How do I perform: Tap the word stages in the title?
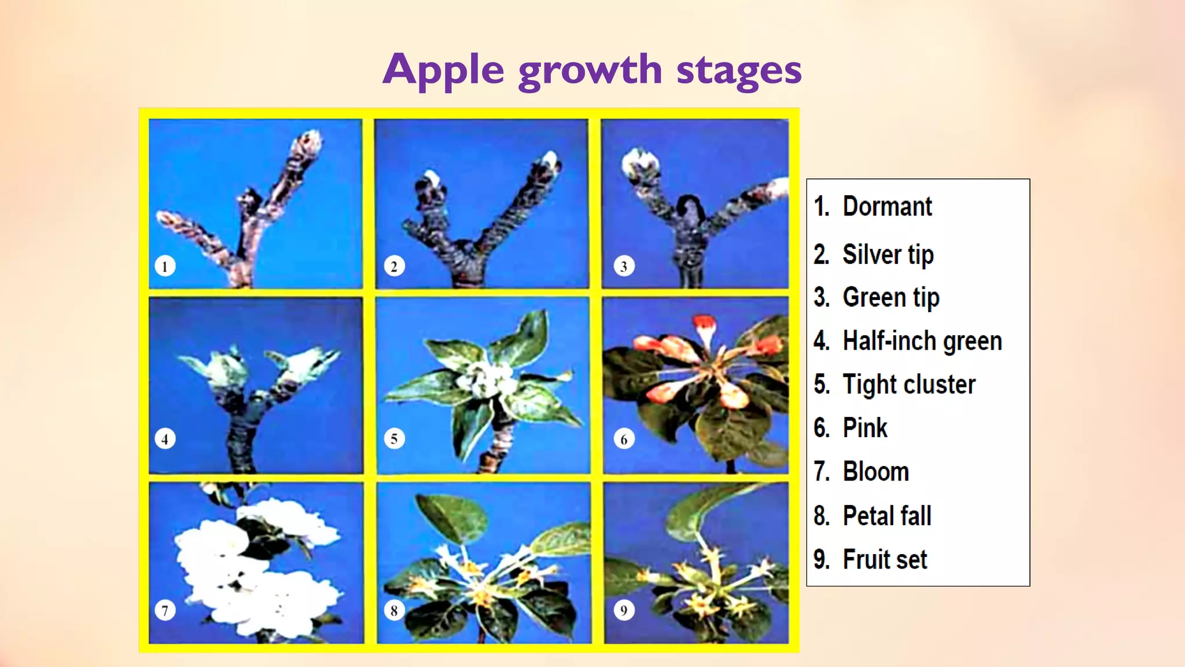[739, 71]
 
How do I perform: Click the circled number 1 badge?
[165, 266]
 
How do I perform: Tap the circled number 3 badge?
[624, 266]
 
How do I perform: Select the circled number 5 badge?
[394, 439]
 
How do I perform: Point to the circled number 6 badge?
[624, 439]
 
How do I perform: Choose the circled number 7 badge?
[165, 610]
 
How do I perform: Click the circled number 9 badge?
[624, 610]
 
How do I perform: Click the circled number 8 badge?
[394, 610]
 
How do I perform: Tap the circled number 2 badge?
[394, 266]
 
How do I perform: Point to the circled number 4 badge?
[165, 439]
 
